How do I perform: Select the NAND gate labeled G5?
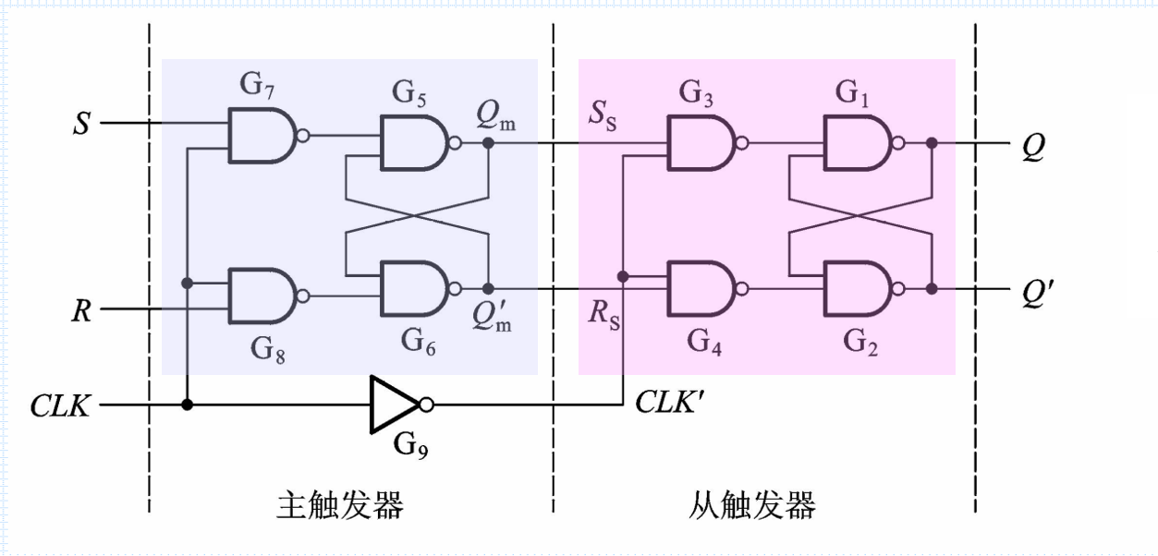click(x=414, y=143)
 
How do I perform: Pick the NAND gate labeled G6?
click(x=414, y=289)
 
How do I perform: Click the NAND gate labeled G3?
click(x=701, y=143)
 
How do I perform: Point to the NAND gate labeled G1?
click(x=857, y=143)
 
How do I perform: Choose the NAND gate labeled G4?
click(x=701, y=289)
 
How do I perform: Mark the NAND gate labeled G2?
click(x=857, y=289)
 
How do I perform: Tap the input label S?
click(x=82, y=124)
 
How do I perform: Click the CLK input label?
click(x=61, y=405)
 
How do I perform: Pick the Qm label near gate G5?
click(x=496, y=115)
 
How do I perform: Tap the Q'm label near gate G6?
click(x=494, y=316)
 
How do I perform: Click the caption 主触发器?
click(x=340, y=505)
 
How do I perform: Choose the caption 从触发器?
click(x=751, y=505)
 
